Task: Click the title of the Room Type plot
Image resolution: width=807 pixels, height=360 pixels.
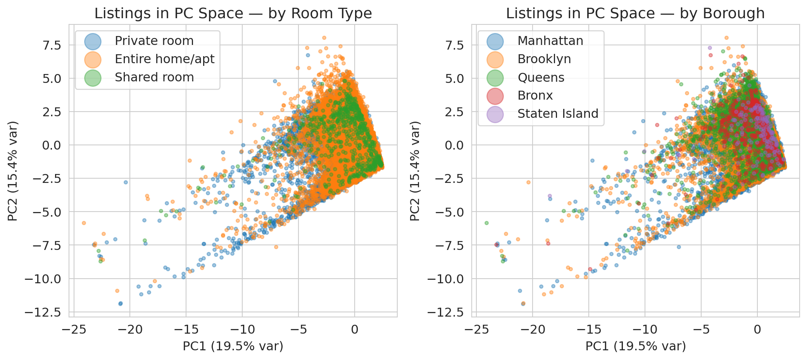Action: tap(233, 14)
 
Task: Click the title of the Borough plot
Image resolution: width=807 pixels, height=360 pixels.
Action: tap(635, 14)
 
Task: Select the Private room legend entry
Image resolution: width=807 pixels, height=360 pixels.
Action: tap(154, 41)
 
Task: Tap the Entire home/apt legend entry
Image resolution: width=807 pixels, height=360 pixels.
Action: tap(164, 59)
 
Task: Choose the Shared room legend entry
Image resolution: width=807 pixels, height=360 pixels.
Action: tap(154, 77)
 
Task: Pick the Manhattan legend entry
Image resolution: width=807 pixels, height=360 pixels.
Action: tap(550, 41)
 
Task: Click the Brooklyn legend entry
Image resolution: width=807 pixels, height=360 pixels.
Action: tap(544, 59)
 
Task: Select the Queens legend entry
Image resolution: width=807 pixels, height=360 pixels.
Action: tap(541, 77)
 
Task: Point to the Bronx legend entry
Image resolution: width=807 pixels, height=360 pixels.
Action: tap(535, 95)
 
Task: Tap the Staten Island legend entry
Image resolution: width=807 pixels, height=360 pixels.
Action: tap(558, 114)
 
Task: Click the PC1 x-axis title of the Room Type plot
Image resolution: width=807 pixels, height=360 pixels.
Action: tap(233, 346)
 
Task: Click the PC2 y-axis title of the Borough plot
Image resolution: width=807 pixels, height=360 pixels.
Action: tap(415, 171)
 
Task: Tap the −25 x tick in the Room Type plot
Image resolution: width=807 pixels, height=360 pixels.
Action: tap(74, 330)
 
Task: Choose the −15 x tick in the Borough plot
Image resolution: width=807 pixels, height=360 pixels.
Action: tap(589, 330)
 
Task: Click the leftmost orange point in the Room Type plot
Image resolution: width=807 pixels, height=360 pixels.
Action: tap(84, 223)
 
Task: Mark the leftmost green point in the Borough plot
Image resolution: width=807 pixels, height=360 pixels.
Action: tap(486, 223)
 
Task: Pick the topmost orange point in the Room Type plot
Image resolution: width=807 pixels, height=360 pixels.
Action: tap(324, 38)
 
